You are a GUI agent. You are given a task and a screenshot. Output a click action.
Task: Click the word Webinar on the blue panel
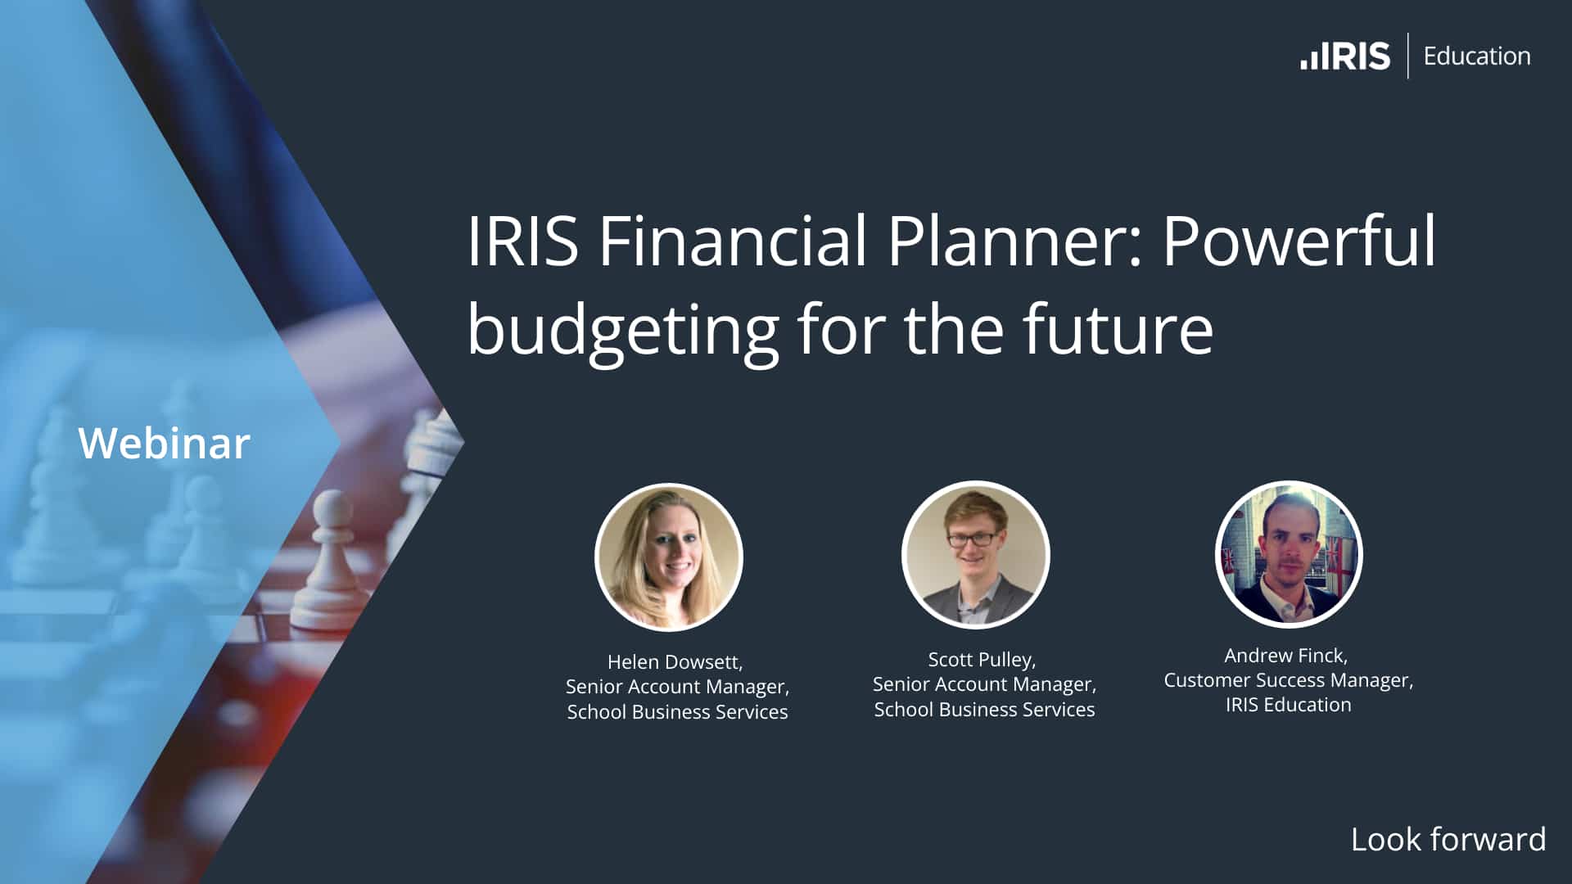164,444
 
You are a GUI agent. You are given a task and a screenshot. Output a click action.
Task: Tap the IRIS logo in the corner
1345,56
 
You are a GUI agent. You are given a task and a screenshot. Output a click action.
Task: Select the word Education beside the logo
1476,56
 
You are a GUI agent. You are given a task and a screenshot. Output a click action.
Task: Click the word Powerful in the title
1299,241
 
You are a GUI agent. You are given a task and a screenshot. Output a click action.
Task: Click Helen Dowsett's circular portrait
668,557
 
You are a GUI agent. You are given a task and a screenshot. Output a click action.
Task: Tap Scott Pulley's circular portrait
975,555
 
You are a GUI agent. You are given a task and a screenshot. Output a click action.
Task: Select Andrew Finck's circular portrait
1289,554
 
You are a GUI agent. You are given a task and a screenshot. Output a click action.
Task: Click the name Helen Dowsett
675,662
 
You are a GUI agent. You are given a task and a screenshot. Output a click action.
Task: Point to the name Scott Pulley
982,660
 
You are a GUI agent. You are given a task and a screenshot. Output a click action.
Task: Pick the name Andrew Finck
1285,656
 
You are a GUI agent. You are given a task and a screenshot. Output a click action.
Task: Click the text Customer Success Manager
1288,680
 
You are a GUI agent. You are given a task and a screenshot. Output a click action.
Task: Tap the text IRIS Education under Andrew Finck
1288,705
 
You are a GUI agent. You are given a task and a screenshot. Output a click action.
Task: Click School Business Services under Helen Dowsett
677,712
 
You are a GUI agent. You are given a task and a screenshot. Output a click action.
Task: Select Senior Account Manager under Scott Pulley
984,684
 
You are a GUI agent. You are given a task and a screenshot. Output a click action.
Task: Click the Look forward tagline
1448,840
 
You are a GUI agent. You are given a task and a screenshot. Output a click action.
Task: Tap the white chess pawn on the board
330,565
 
